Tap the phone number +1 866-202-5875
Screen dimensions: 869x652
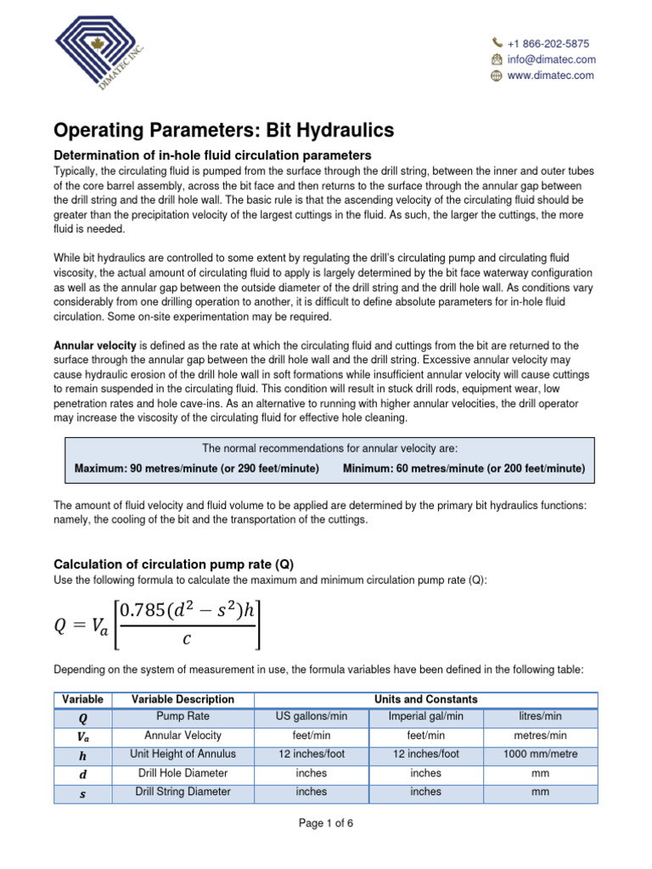pos(548,43)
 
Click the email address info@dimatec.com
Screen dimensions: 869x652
pos(551,59)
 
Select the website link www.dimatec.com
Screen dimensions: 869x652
pos(550,76)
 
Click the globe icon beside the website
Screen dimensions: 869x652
pos(497,76)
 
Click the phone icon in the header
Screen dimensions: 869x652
pos(497,43)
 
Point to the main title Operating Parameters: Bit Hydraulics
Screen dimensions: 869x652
pos(224,130)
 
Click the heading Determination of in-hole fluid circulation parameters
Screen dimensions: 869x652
pos(212,155)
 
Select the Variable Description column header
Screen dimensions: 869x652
pos(183,699)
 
